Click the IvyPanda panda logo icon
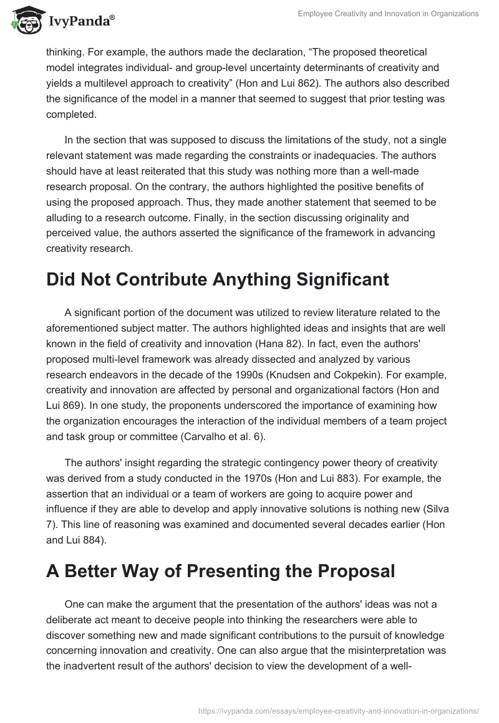[x=24, y=21]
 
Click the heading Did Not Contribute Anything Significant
[x=217, y=279]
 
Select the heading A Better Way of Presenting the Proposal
[x=220, y=571]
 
